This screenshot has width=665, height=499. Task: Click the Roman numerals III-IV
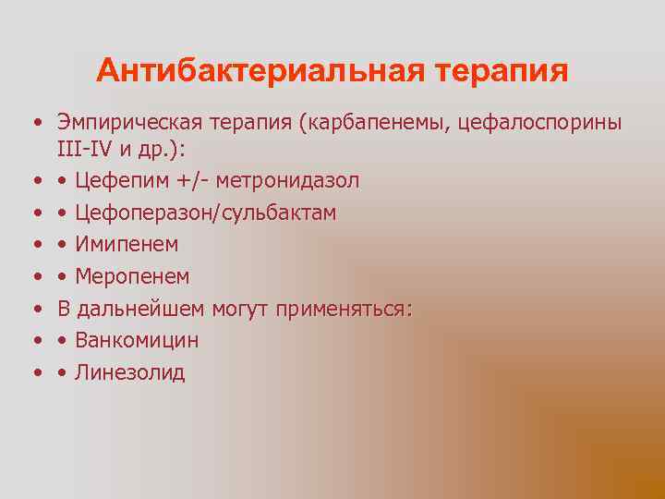(84, 148)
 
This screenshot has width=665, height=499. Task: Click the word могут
(243, 309)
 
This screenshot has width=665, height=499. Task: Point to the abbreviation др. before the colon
(155, 148)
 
